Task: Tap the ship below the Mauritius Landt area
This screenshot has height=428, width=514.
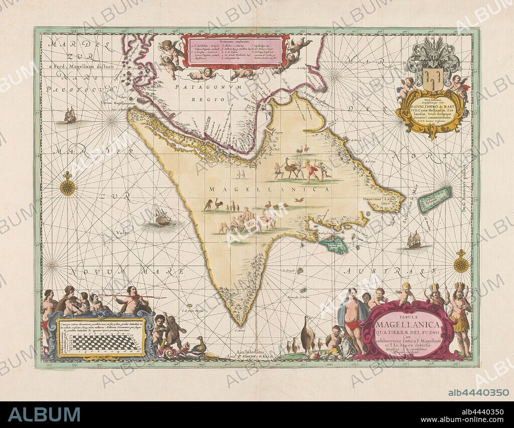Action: pos(414,240)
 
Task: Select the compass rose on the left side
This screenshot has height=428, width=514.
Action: pos(67,186)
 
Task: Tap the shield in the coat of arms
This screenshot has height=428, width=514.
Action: pos(432,78)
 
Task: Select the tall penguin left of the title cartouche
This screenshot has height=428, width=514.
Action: pos(307,335)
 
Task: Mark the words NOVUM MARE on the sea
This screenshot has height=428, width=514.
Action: pos(125,272)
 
